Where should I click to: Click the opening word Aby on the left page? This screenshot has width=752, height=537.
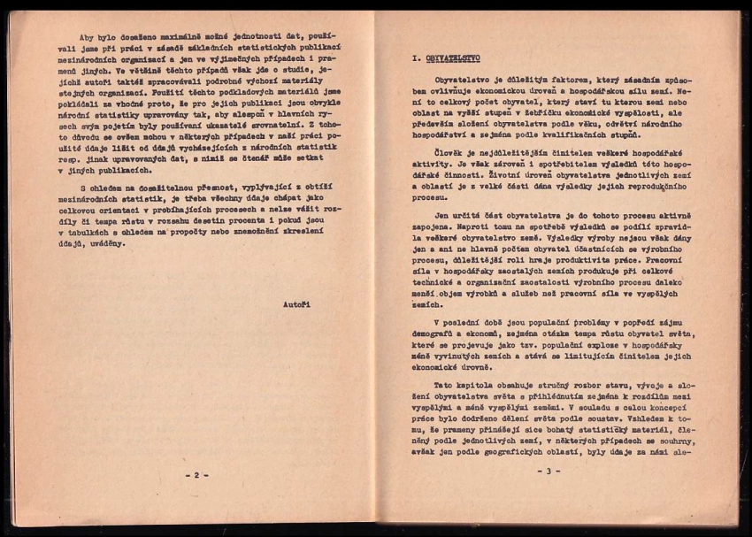tap(88, 37)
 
